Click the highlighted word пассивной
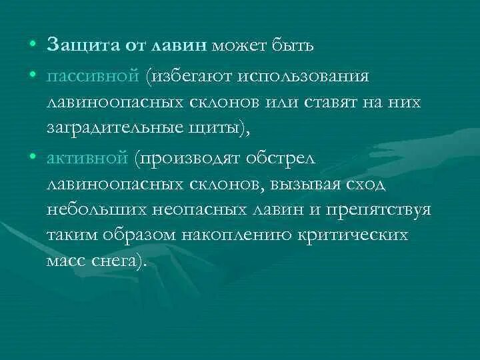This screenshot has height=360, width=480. pos(91,75)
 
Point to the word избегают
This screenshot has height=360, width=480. pos(193,75)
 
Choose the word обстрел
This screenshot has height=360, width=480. pos(285,159)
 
